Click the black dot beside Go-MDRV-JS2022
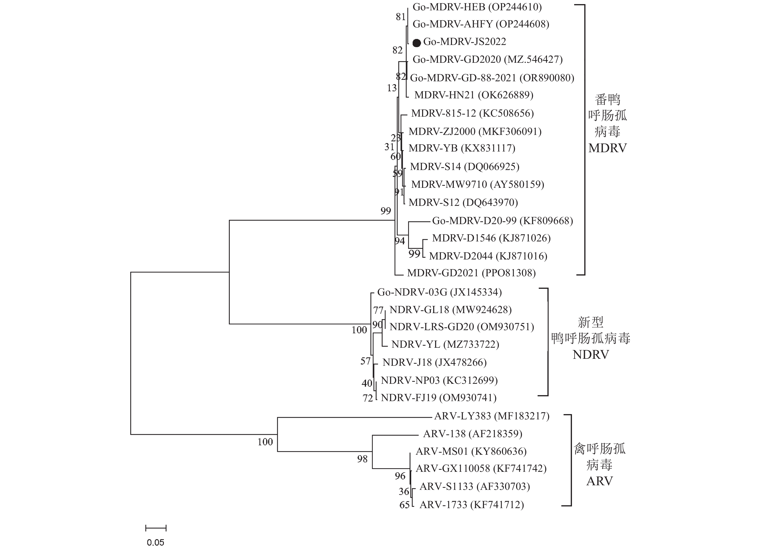pyautogui.click(x=417, y=43)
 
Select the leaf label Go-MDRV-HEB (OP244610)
pyautogui.click(x=477, y=7)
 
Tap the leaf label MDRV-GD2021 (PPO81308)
pyautogui.click(x=471, y=273)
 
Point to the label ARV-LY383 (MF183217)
pyautogui.click(x=492, y=416)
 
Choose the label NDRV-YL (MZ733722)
pyautogui.click(x=445, y=344)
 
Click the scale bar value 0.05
pyautogui.click(x=155, y=542)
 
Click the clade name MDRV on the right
pyautogui.click(x=607, y=148)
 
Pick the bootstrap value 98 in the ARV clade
pyautogui.click(x=362, y=459)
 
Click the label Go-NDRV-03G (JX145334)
pyautogui.click(x=439, y=292)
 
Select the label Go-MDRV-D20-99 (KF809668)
pyautogui.click(x=503, y=221)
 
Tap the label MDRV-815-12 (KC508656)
pyautogui.click(x=472, y=113)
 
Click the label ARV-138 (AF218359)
pyautogui.click(x=473, y=434)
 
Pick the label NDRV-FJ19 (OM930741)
pyautogui.click(x=438, y=398)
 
